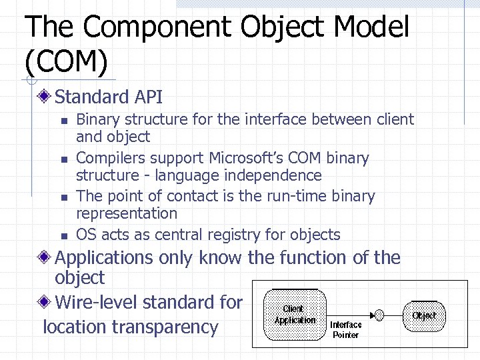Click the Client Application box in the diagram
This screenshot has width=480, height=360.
pos(295,313)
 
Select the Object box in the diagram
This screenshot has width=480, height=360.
pos(424,315)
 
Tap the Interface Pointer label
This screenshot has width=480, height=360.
pos(346,329)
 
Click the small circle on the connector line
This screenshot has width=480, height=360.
pos(379,315)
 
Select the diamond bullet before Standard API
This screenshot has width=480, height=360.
pos(45,97)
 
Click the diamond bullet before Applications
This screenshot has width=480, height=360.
pos(45,258)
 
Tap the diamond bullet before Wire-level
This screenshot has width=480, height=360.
pos(45,303)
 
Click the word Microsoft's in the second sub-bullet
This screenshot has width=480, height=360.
pos(249,158)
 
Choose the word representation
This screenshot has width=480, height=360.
pos(127,213)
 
